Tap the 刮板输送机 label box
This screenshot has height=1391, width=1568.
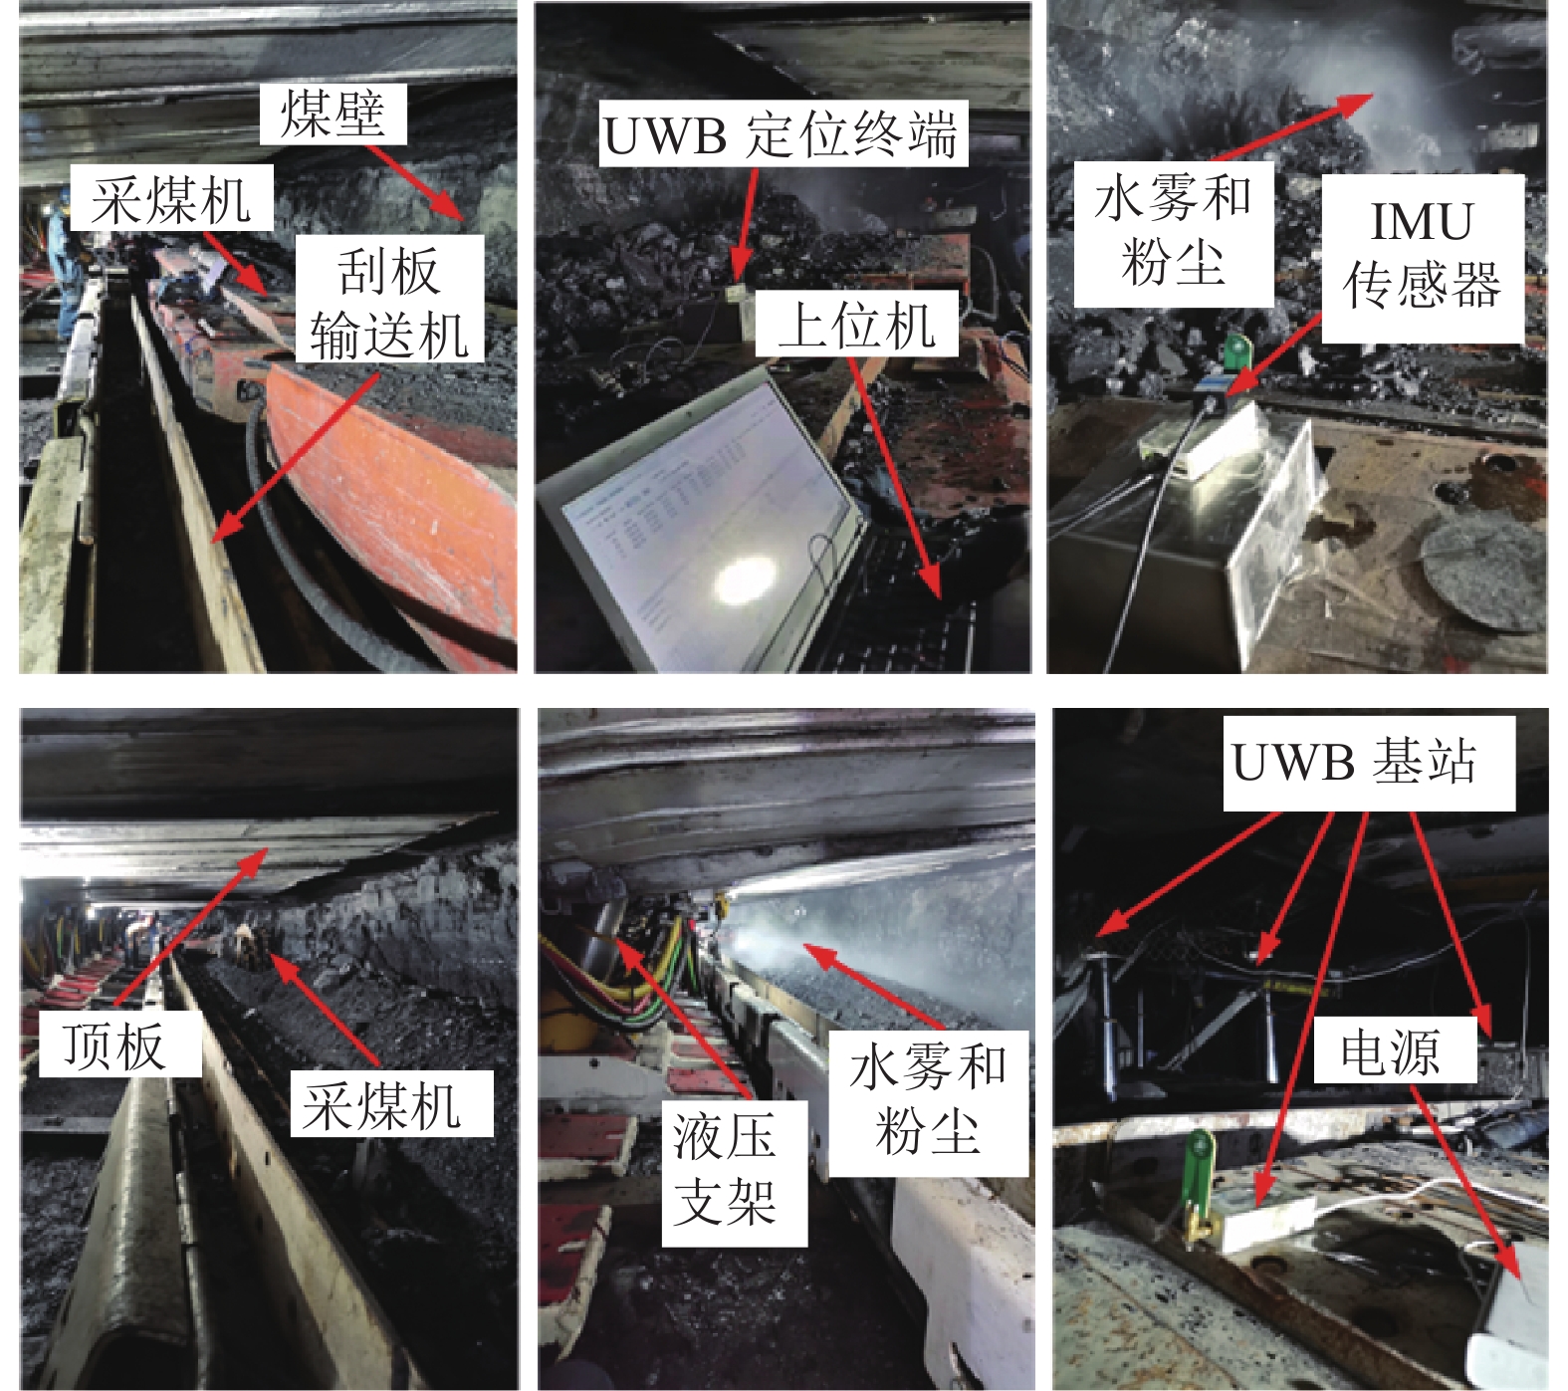389,299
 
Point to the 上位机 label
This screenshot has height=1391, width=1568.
856,324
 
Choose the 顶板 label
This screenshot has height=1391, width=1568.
119,1043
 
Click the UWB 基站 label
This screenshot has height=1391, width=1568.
1369,762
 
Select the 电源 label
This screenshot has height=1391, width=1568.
1393,1050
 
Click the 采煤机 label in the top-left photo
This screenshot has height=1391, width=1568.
172,198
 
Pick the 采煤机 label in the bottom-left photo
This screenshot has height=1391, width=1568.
392,1103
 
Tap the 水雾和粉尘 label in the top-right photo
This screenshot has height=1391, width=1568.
1173,234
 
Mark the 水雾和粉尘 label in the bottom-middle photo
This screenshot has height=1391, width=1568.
928,1103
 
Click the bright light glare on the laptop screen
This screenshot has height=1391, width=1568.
744,580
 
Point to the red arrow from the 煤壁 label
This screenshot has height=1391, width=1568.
414,182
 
